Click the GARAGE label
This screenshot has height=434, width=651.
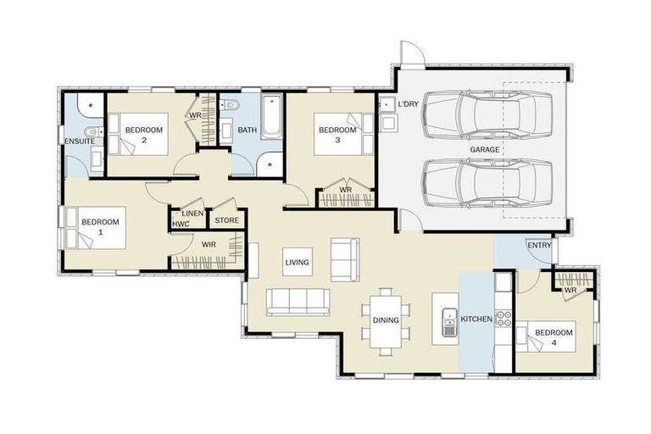[x=485, y=149]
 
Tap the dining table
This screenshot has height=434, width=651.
[x=386, y=320]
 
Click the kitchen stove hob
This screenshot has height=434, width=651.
[x=503, y=320]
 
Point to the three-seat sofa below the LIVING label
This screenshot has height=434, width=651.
[x=298, y=302]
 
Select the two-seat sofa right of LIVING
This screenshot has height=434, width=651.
[x=345, y=259]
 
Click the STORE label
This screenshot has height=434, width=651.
[x=226, y=221]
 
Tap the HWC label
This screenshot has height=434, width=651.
[x=181, y=224]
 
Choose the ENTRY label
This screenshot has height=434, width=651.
[x=539, y=246]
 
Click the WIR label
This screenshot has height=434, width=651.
[x=209, y=245]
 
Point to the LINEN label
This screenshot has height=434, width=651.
[x=192, y=213]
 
